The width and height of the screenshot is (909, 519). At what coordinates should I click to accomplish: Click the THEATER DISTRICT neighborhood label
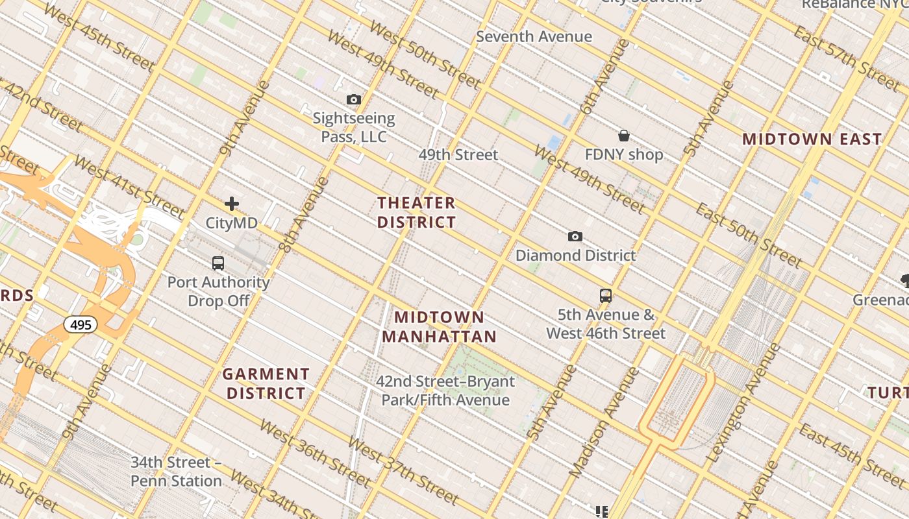416,212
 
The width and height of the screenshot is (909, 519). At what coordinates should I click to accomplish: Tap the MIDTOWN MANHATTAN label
439,326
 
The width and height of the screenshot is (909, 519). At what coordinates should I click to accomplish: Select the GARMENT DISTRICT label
266,383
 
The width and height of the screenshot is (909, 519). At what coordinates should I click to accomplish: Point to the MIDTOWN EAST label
812,139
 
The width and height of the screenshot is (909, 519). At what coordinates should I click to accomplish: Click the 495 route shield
81,324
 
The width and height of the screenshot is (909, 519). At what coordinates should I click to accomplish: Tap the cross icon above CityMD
231,204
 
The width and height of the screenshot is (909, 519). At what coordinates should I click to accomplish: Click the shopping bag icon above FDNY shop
623,136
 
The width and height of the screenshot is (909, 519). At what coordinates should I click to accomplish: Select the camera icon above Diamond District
575,236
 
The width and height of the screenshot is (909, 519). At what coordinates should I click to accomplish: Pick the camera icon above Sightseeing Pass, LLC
353,99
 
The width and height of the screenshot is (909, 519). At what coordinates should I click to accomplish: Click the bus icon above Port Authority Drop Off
218,263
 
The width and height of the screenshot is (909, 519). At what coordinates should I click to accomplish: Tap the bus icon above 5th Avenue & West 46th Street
605,296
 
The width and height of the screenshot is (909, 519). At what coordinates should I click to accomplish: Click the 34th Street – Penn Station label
176,472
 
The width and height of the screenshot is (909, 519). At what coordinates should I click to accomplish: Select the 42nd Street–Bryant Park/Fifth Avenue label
445,391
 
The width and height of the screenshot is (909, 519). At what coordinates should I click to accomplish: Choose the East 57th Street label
847,59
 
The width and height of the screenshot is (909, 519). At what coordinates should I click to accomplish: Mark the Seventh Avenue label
534,37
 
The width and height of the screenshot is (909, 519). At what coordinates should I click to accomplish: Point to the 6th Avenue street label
605,77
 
